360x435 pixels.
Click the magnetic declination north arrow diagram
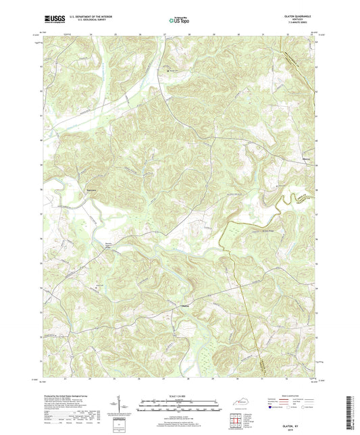(x=124, y=406)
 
